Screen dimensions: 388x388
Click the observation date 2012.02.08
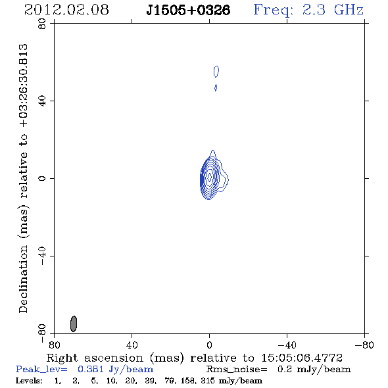coord(66,10)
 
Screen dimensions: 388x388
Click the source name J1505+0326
coord(188,10)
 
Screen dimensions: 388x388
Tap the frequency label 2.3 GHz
coord(333,10)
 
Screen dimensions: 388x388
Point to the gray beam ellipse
coord(74,324)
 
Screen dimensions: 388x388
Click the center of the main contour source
coord(210,177)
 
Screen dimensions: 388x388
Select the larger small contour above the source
coord(216,72)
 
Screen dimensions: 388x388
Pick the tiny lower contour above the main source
coord(216,87)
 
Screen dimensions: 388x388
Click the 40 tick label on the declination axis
coord(42,101)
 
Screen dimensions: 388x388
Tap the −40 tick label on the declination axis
coord(42,256)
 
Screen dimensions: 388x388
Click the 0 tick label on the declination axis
coord(42,178)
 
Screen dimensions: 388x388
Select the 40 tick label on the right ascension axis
coord(132,345)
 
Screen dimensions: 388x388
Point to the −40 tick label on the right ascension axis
coord(287,345)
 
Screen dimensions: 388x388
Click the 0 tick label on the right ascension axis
coord(209,345)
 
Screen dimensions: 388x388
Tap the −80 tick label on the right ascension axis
coord(364,345)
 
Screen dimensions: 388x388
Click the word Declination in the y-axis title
coord(23,279)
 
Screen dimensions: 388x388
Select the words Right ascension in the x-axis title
coord(95,358)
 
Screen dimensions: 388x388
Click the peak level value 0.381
coord(91,370)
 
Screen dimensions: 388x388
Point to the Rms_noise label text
coord(237,370)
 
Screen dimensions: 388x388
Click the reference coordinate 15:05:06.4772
coord(302,358)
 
